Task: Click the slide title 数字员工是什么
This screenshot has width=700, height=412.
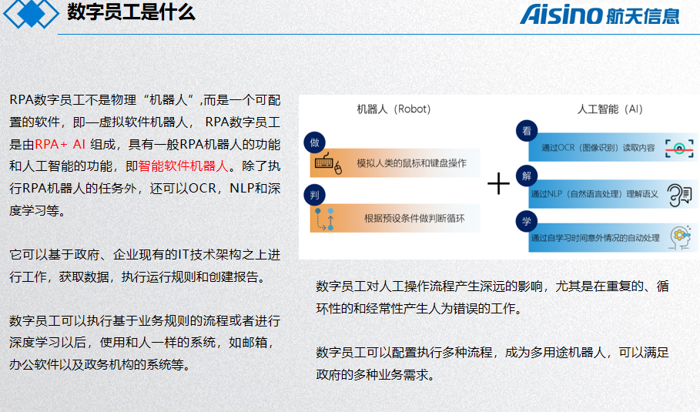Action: [131, 12]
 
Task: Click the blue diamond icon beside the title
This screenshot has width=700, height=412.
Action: [31, 14]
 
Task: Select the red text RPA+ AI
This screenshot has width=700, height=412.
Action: [60, 144]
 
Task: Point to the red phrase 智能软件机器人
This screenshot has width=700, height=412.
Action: [183, 166]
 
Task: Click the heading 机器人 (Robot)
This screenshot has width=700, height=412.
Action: [394, 109]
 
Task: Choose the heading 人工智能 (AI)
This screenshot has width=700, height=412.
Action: [609, 109]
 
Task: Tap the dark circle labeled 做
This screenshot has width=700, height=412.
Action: [314, 142]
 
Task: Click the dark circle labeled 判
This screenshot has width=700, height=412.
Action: [314, 195]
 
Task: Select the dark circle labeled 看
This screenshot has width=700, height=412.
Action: [527, 131]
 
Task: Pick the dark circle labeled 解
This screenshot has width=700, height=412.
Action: [527, 176]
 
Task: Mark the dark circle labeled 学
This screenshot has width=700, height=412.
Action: [527, 221]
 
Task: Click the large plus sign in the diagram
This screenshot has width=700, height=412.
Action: [498, 183]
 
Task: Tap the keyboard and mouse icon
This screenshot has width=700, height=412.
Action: [328, 163]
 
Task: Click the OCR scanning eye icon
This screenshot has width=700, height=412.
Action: [679, 148]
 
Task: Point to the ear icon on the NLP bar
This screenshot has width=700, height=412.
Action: [679, 195]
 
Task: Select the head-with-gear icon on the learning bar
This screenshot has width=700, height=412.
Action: [680, 237]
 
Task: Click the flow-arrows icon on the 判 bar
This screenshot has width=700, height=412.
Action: [324, 219]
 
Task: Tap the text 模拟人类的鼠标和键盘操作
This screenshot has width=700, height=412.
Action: [411, 163]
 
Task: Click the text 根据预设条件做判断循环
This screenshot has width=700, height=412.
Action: [414, 218]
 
